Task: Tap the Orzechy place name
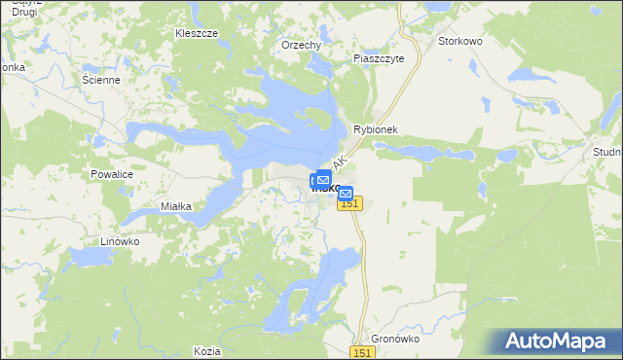[301, 45]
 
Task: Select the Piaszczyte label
[385, 58]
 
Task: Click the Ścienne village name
[101, 80]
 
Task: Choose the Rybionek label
[377, 129]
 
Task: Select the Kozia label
[206, 350]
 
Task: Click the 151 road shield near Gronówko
[362, 352]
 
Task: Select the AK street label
[340, 162]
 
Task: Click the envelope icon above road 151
[345, 194]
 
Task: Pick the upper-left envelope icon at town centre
[322, 179]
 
